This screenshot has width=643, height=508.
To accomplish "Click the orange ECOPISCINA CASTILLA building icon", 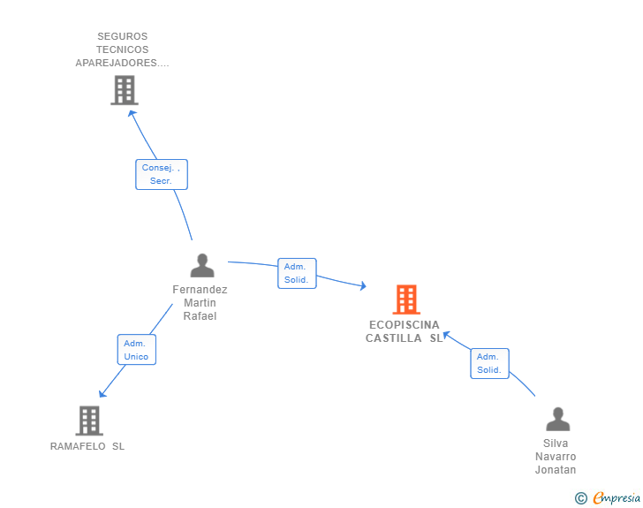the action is click(x=406, y=299).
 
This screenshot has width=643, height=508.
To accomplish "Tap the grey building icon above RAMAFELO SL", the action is click(x=89, y=421).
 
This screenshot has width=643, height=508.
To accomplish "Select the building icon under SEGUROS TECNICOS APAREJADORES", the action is click(x=125, y=90).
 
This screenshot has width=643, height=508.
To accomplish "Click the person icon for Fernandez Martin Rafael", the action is click(x=202, y=266).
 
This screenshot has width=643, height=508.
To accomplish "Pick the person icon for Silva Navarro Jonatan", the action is click(x=557, y=419).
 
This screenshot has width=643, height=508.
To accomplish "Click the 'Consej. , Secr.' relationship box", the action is click(x=162, y=174).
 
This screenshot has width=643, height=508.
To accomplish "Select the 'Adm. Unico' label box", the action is click(x=137, y=350).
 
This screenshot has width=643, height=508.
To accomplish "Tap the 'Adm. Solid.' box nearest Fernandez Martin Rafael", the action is click(x=297, y=273).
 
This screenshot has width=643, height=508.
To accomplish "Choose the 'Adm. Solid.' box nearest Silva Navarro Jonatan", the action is click(x=489, y=364).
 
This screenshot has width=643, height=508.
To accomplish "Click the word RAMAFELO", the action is click(x=78, y=446).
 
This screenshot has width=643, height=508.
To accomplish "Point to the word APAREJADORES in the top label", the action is click(x=116, y=63).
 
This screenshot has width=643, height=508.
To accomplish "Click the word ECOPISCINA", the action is click(x=405, y=325).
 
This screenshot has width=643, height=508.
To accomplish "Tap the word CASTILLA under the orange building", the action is click(x=394, y=338).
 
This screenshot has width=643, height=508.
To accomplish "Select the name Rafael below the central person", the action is click(x=200, y=316).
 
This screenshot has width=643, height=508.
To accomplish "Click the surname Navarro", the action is click(x=556, y=456).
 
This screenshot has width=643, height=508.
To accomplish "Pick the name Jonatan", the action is click(x=556, y=469).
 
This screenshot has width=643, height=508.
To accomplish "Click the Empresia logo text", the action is click(x=617, y=498).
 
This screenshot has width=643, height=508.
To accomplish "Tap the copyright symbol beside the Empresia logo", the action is click(x=580, y=498).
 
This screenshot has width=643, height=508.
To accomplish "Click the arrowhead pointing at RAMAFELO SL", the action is click(x=102, y=394).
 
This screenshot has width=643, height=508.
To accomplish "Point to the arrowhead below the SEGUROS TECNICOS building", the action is click(x=132, y=114).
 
